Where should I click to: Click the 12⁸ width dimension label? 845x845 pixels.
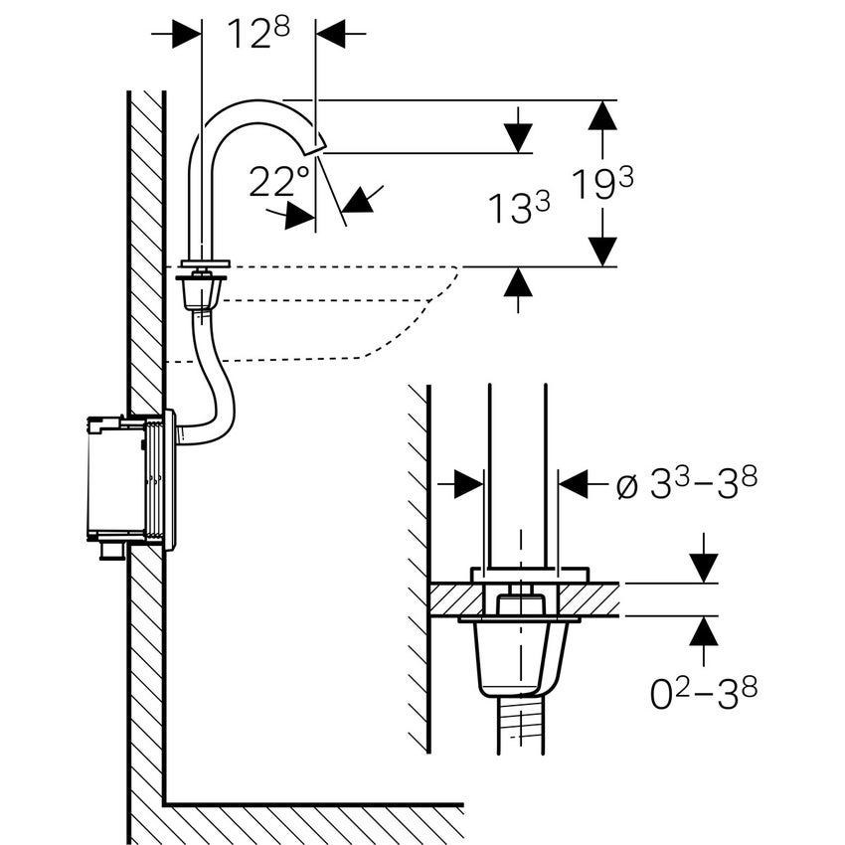coord(257,34)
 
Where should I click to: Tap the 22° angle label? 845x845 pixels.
coord(279,182)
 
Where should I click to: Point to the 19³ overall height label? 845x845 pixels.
coord(601,185)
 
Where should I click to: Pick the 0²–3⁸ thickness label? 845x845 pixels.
coord(704,693)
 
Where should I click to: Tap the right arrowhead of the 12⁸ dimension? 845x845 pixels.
coord(331,35)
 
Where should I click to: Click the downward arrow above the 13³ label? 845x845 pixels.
coord(517,137)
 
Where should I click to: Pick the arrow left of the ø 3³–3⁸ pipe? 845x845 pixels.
coord(467,484)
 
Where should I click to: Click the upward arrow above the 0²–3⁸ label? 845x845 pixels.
coord(704,630)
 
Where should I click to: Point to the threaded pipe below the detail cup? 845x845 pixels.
coord(517,726)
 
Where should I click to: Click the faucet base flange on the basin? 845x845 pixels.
coord(204,264)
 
